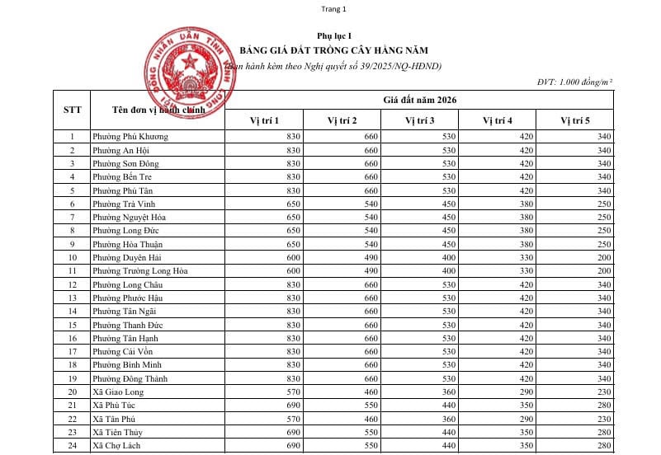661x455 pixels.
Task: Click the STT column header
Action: [72, 109]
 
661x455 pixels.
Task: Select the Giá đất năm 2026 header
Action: [419, 100]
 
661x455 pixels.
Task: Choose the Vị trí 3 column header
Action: [419, 120]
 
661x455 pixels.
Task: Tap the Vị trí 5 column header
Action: [575, 120]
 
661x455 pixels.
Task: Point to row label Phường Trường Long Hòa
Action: [140, 270]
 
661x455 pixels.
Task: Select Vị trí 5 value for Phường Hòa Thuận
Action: [603, 244]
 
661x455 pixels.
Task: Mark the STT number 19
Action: [72, 378]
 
